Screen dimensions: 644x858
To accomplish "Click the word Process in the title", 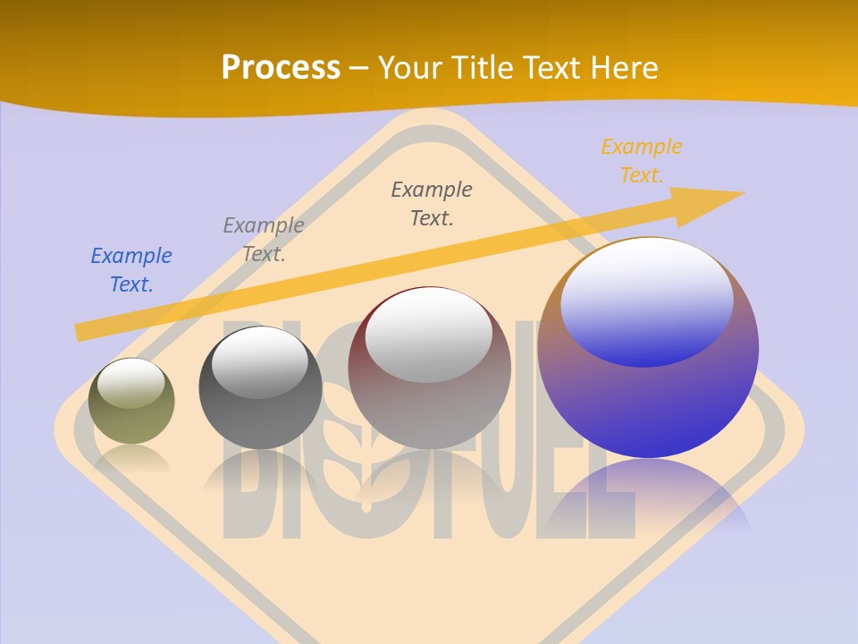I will click(x=281, y=68).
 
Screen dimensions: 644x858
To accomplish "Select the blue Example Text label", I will click(x=130, y=270).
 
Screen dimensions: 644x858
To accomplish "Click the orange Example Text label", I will click(x=641, y=161).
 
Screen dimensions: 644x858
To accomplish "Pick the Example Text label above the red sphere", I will click(x=432, y=203).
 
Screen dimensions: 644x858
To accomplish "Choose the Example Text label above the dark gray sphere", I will click(x=264, y=239).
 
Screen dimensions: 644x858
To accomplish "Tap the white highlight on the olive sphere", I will click(x=131, y=383).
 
